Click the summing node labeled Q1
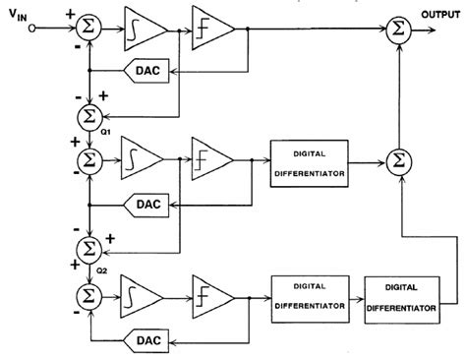[x=89, y=116]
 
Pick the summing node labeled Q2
[x=89, y=245]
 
